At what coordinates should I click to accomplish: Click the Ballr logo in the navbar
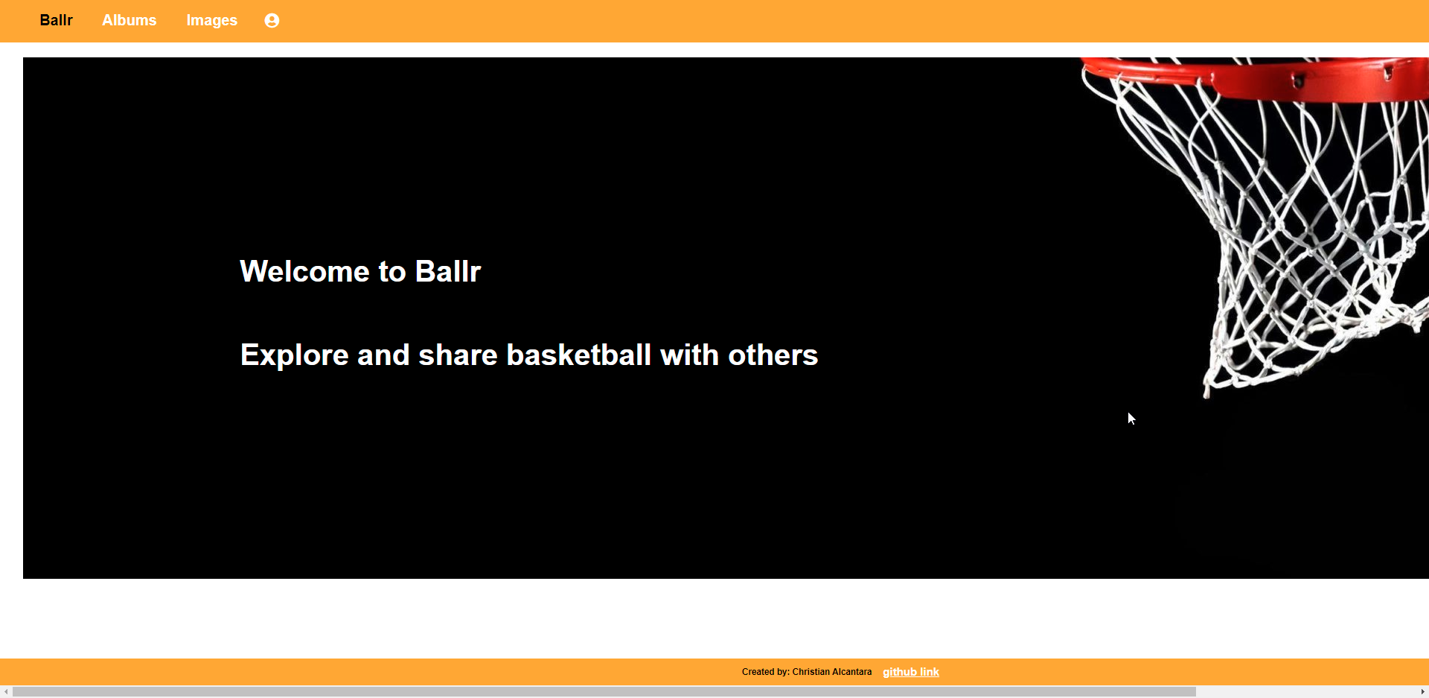coord(56,20)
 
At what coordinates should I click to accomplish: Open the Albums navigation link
coord(129,20)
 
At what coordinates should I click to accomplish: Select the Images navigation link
coord(211,20)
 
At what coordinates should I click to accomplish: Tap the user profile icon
coord(272,21)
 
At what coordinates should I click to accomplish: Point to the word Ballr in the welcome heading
coord(448,272)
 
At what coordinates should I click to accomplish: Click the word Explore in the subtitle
coord(294,355)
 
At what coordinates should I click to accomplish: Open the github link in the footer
coord(911,672)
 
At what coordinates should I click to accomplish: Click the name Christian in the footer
coord(811,672)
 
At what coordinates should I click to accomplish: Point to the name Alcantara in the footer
coord(851,672)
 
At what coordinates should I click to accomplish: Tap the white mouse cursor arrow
coord(1131,418)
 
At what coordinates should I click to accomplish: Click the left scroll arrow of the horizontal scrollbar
coord(6,692)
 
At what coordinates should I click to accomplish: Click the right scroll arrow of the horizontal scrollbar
coord(1422,692)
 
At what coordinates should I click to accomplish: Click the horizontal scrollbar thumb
coord(603,692)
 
